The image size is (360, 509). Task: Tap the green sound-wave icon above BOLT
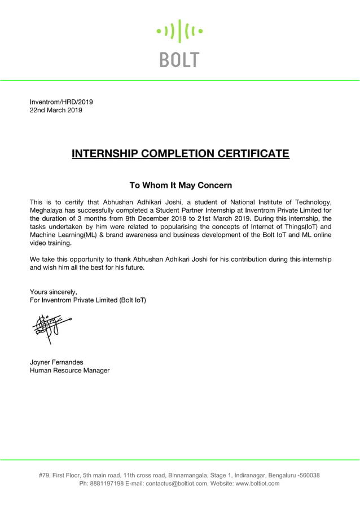[179, 31]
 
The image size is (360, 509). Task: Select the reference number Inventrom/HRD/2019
[61, 102]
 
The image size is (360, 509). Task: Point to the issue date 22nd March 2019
[55, 111]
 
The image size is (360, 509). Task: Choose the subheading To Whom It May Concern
[181, 185]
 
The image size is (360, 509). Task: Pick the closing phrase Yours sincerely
[53, 292]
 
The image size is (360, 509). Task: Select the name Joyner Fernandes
[56, 362]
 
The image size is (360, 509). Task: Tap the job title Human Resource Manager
[69, 371]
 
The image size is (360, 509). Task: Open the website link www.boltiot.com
[258, 484]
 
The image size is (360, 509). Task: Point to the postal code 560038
[309, 475]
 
